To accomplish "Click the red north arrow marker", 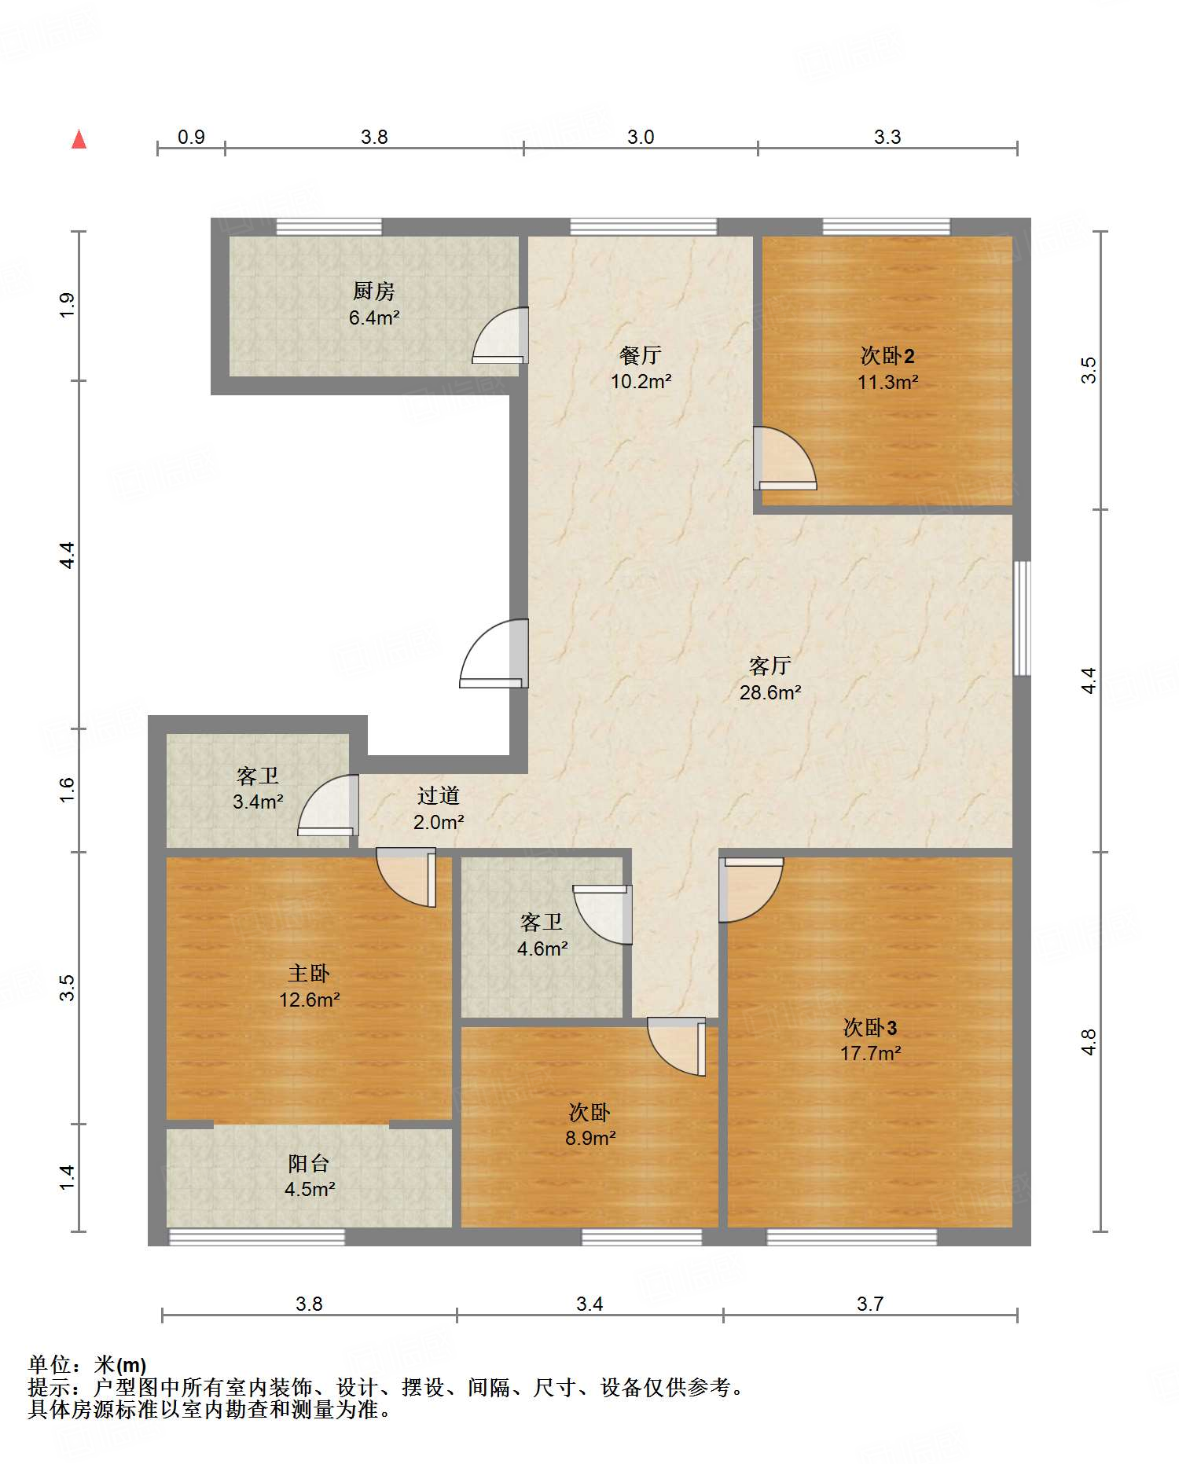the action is coord(79,139).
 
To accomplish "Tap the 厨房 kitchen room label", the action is coord(373,292).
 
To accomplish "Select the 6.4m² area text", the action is coord(374,318).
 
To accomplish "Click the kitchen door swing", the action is coord(500,336).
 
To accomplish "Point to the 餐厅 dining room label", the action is coord(641,356).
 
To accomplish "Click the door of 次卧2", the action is coord(784,458).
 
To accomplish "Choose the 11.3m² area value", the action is coord(887,383).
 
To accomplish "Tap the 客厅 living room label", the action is coord(770,666).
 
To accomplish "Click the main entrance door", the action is coord(494,654).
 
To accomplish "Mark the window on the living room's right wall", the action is coord(1022,618).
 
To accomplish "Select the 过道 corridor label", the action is coord(439,796).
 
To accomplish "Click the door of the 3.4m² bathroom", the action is coord(329,805).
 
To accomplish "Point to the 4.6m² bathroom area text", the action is coord(542,949).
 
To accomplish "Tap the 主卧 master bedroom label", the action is coord(309,974).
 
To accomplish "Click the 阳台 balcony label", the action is coord(309,1164).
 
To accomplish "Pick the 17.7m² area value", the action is coord(870,1054).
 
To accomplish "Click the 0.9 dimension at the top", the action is coord(191,138).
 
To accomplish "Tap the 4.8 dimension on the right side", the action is coord(1088,1042).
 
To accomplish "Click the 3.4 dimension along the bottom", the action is coord(589,1304).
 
